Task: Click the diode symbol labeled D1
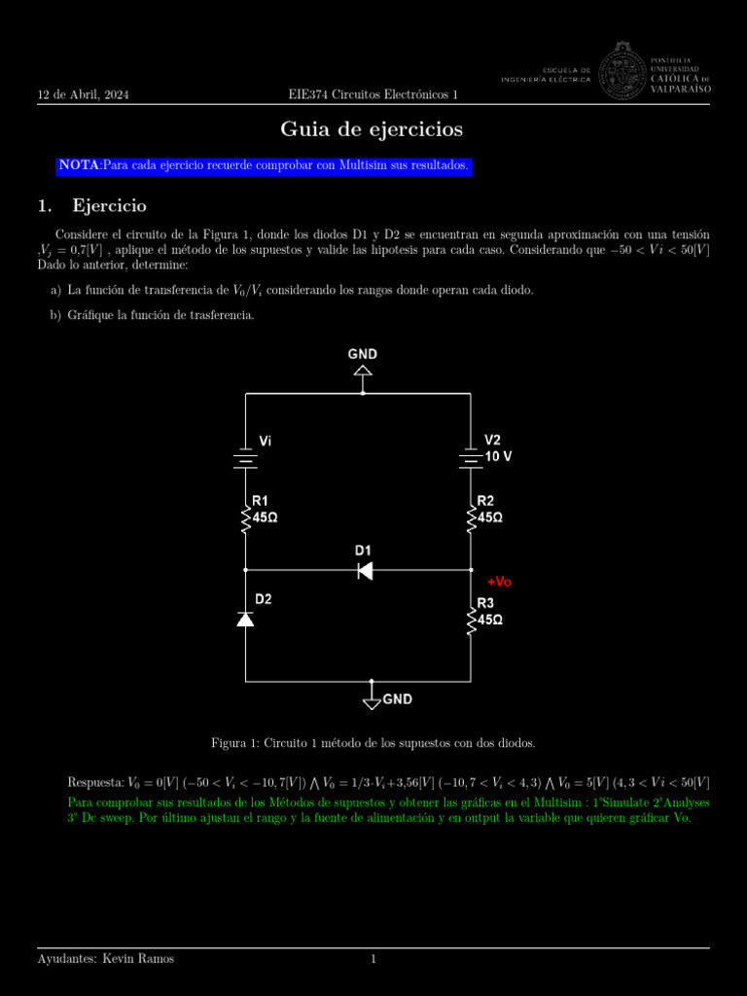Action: (x=365, y=570)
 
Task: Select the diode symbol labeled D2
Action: (x=245, y=619)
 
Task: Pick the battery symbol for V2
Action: (x=471, y=456)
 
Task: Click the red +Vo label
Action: (x=499, y=582)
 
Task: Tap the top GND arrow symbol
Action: (x=363, y=370)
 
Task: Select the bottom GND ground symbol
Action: (x=372, y=695)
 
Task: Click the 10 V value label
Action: (x=498, y=455)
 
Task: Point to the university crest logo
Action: (x=622, y=74)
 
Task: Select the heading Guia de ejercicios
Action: (x=372, y=129)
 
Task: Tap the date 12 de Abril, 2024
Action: (x=83, y=94)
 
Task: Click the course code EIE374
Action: (x=308, y=94)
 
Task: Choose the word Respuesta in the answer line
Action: (x=95, y=783)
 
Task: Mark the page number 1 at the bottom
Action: (x=373, y=959)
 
